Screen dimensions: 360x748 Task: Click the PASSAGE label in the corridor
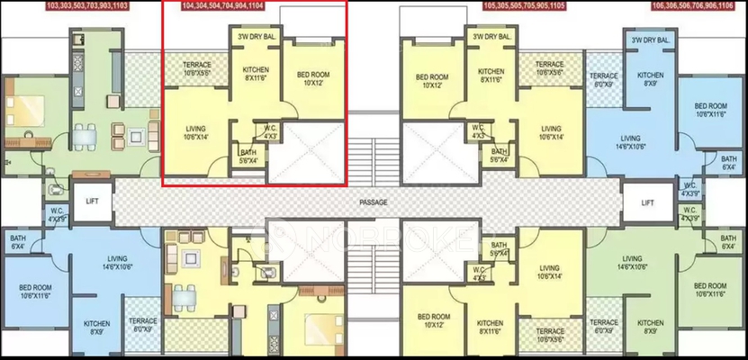point(374,202)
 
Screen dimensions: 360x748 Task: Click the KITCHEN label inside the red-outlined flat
point(256,70)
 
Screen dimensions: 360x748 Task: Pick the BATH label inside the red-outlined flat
point(248,152)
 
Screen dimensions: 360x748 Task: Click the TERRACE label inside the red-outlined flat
point(197,65)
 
